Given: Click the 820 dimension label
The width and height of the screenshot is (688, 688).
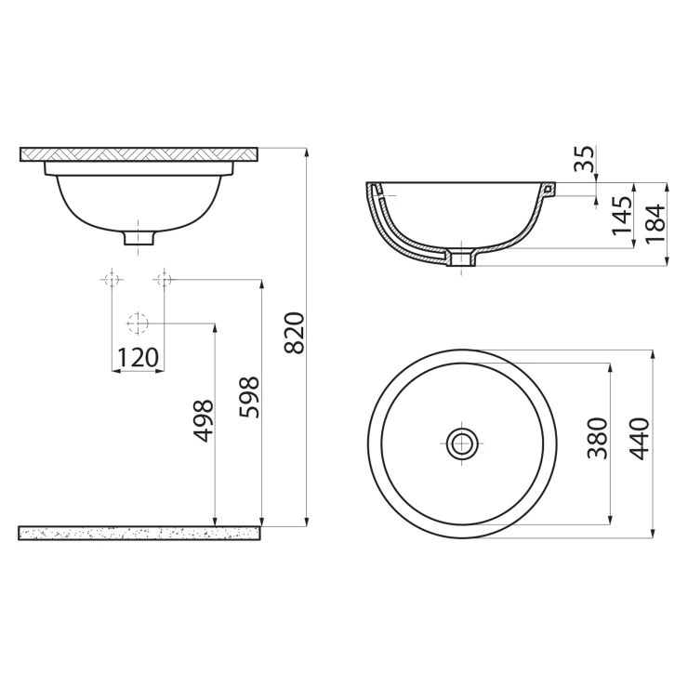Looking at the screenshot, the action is [x=295, y=327].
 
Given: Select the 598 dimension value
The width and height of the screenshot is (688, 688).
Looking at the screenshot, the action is [x=250, y=397].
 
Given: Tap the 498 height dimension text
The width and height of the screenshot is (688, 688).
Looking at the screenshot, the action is [x=204, y=420].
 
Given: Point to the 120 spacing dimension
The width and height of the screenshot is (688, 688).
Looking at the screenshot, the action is [x=138, y=357].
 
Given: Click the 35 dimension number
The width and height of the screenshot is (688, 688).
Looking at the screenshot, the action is [x=585, y=158].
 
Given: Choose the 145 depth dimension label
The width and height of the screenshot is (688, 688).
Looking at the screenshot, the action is [x=622, y=215].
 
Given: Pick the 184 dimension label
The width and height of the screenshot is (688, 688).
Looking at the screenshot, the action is [x=655, y=223].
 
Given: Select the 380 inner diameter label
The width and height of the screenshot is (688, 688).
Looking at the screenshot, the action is [x=598, y=438].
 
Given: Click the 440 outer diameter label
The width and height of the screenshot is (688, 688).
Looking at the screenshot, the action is [x=640, y=439].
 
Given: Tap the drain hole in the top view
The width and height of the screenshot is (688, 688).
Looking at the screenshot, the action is [x=461, y=443].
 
